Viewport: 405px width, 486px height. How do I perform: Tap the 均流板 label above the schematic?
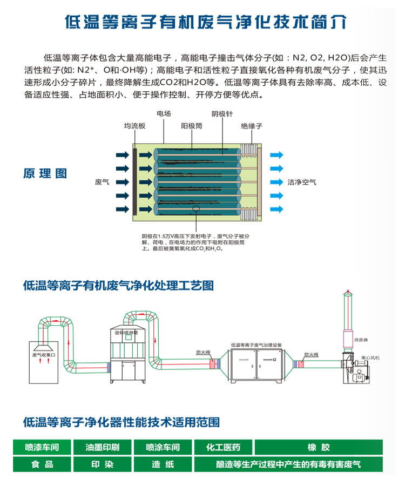pos(134,126)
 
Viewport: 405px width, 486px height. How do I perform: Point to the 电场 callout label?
pos(164,114)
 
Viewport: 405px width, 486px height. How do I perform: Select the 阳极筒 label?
pos(192,126)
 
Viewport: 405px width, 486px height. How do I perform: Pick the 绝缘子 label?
pos(252,126)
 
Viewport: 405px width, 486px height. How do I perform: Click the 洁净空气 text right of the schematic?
pos(302,183)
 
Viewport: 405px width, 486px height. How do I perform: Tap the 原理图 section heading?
pos(45,173)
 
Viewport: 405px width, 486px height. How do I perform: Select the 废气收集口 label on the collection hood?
pos(44,355)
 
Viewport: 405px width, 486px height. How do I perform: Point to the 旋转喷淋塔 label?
pos(127,333)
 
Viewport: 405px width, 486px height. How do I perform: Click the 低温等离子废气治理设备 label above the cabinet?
pos(256,344)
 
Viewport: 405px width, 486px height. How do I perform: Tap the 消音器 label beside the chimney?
pos(361,340)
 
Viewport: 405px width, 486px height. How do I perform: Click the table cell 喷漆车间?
pos(42,447)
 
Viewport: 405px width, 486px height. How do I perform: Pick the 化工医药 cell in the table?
pos(223,447)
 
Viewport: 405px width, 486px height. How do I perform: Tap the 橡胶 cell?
pos(318,447)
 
